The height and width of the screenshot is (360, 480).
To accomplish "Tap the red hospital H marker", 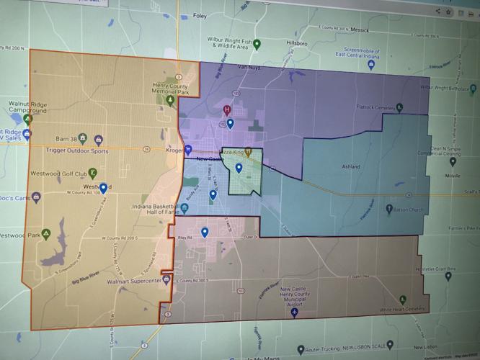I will coord(227,110).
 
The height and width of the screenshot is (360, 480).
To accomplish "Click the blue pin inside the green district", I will coord(239,168).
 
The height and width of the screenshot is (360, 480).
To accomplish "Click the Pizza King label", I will coord(230,152).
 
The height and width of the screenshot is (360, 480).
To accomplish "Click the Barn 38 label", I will coord(66,138).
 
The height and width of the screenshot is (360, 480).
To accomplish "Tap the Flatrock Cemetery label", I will coord(396,109).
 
